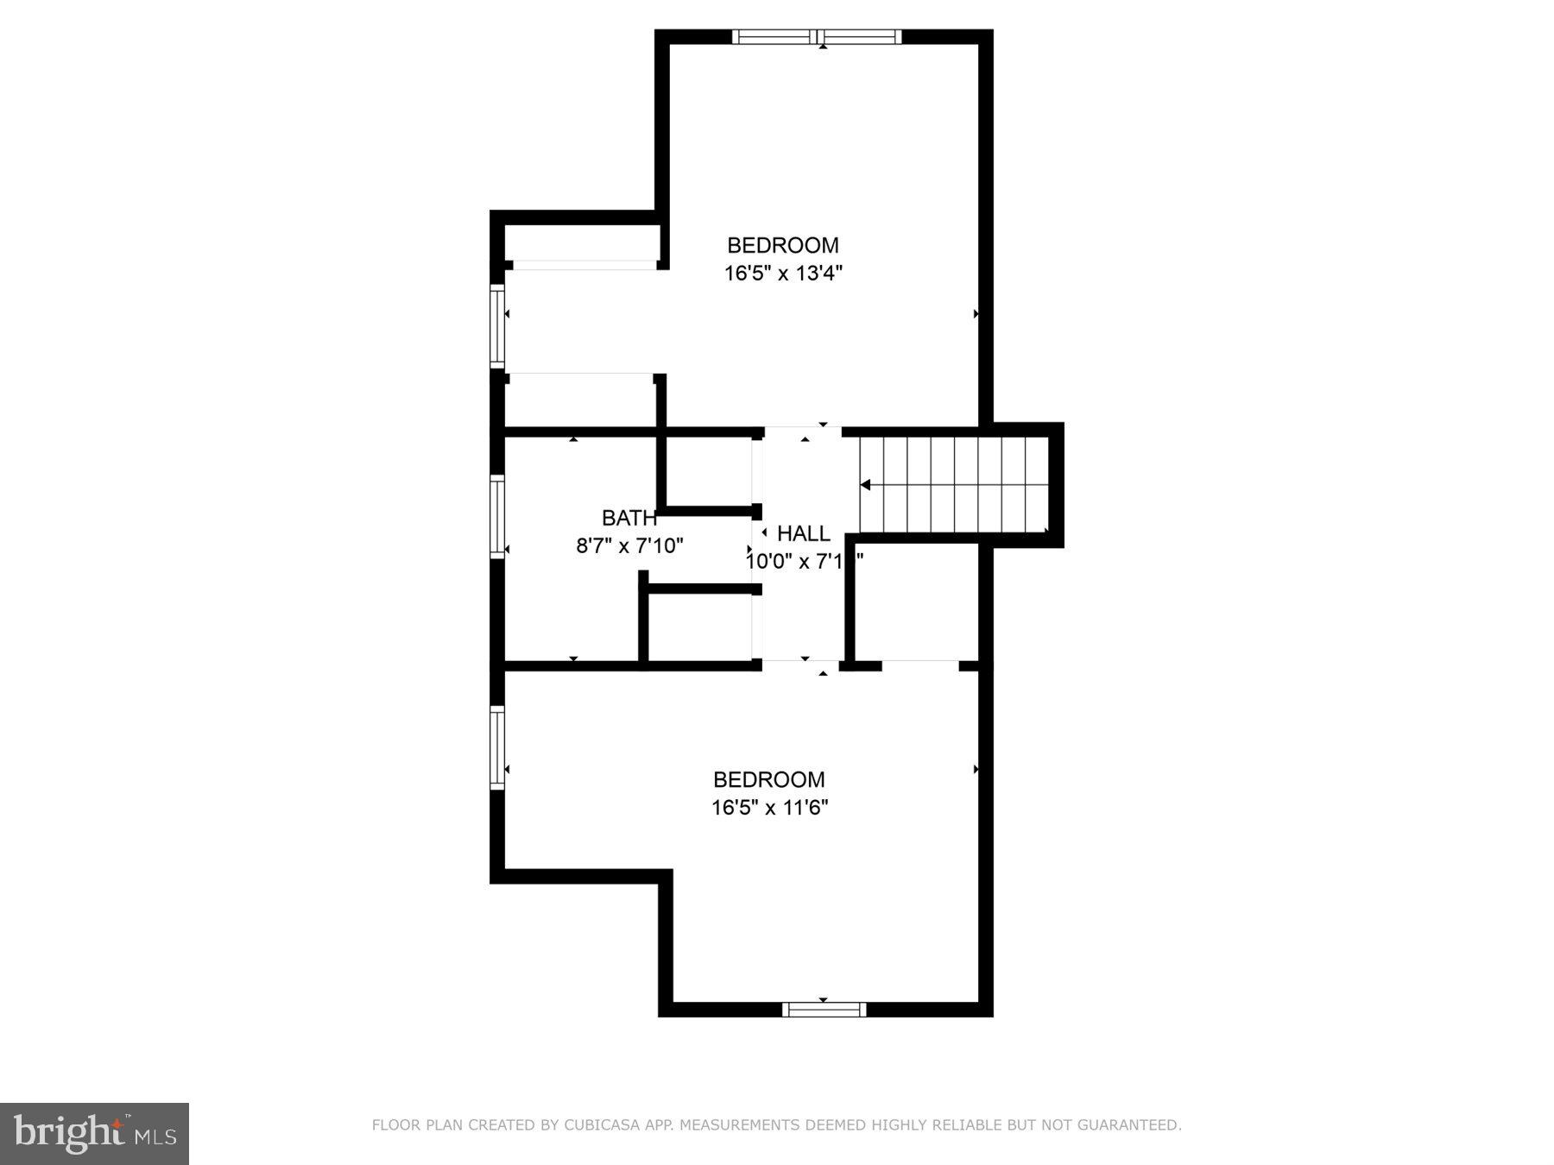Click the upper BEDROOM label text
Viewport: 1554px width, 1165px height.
click(x=782, y=245)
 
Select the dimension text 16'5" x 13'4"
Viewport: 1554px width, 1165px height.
click(x=782, y=274)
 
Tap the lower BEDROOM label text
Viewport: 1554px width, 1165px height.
click(x=768, y=780)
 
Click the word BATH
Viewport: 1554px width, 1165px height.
click(x=629, y=519)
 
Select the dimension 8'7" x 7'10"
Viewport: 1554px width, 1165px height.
click(x=629, y=546)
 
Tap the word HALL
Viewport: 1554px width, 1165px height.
click(x=803, y=533)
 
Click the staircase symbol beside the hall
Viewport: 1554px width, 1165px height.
click(x=954, y=485)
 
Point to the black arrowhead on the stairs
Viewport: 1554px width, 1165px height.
click(x=865, y=486)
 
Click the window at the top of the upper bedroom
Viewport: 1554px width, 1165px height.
click(x=817, y=36)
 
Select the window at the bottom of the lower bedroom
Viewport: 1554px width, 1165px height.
click(x=824, y=1010)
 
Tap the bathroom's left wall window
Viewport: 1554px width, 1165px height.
click(x=497, y=516)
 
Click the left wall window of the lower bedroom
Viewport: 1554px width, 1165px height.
click(x=497, y=747)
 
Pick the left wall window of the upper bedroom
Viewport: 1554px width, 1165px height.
click(x=497, y=327)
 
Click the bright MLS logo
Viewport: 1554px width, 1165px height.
click(x=94, y=1133)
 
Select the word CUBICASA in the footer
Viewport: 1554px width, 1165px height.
click(x=597, y=1125)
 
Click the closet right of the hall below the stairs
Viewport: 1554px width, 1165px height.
click(x=916, y=601)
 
